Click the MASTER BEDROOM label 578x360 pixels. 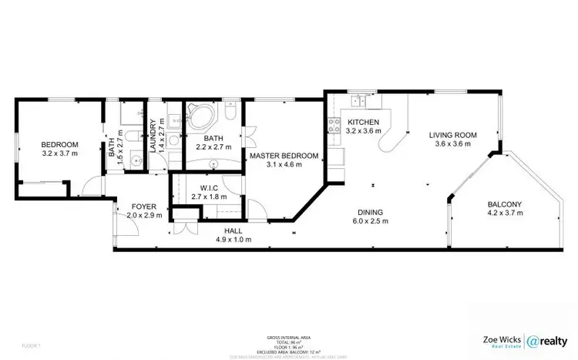point(284,156)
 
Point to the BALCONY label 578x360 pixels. point(505,204)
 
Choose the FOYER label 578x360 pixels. point(143,207)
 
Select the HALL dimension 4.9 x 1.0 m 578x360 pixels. point(233,238)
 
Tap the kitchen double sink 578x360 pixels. point(358,99)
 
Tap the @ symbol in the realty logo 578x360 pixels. point(534,340)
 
